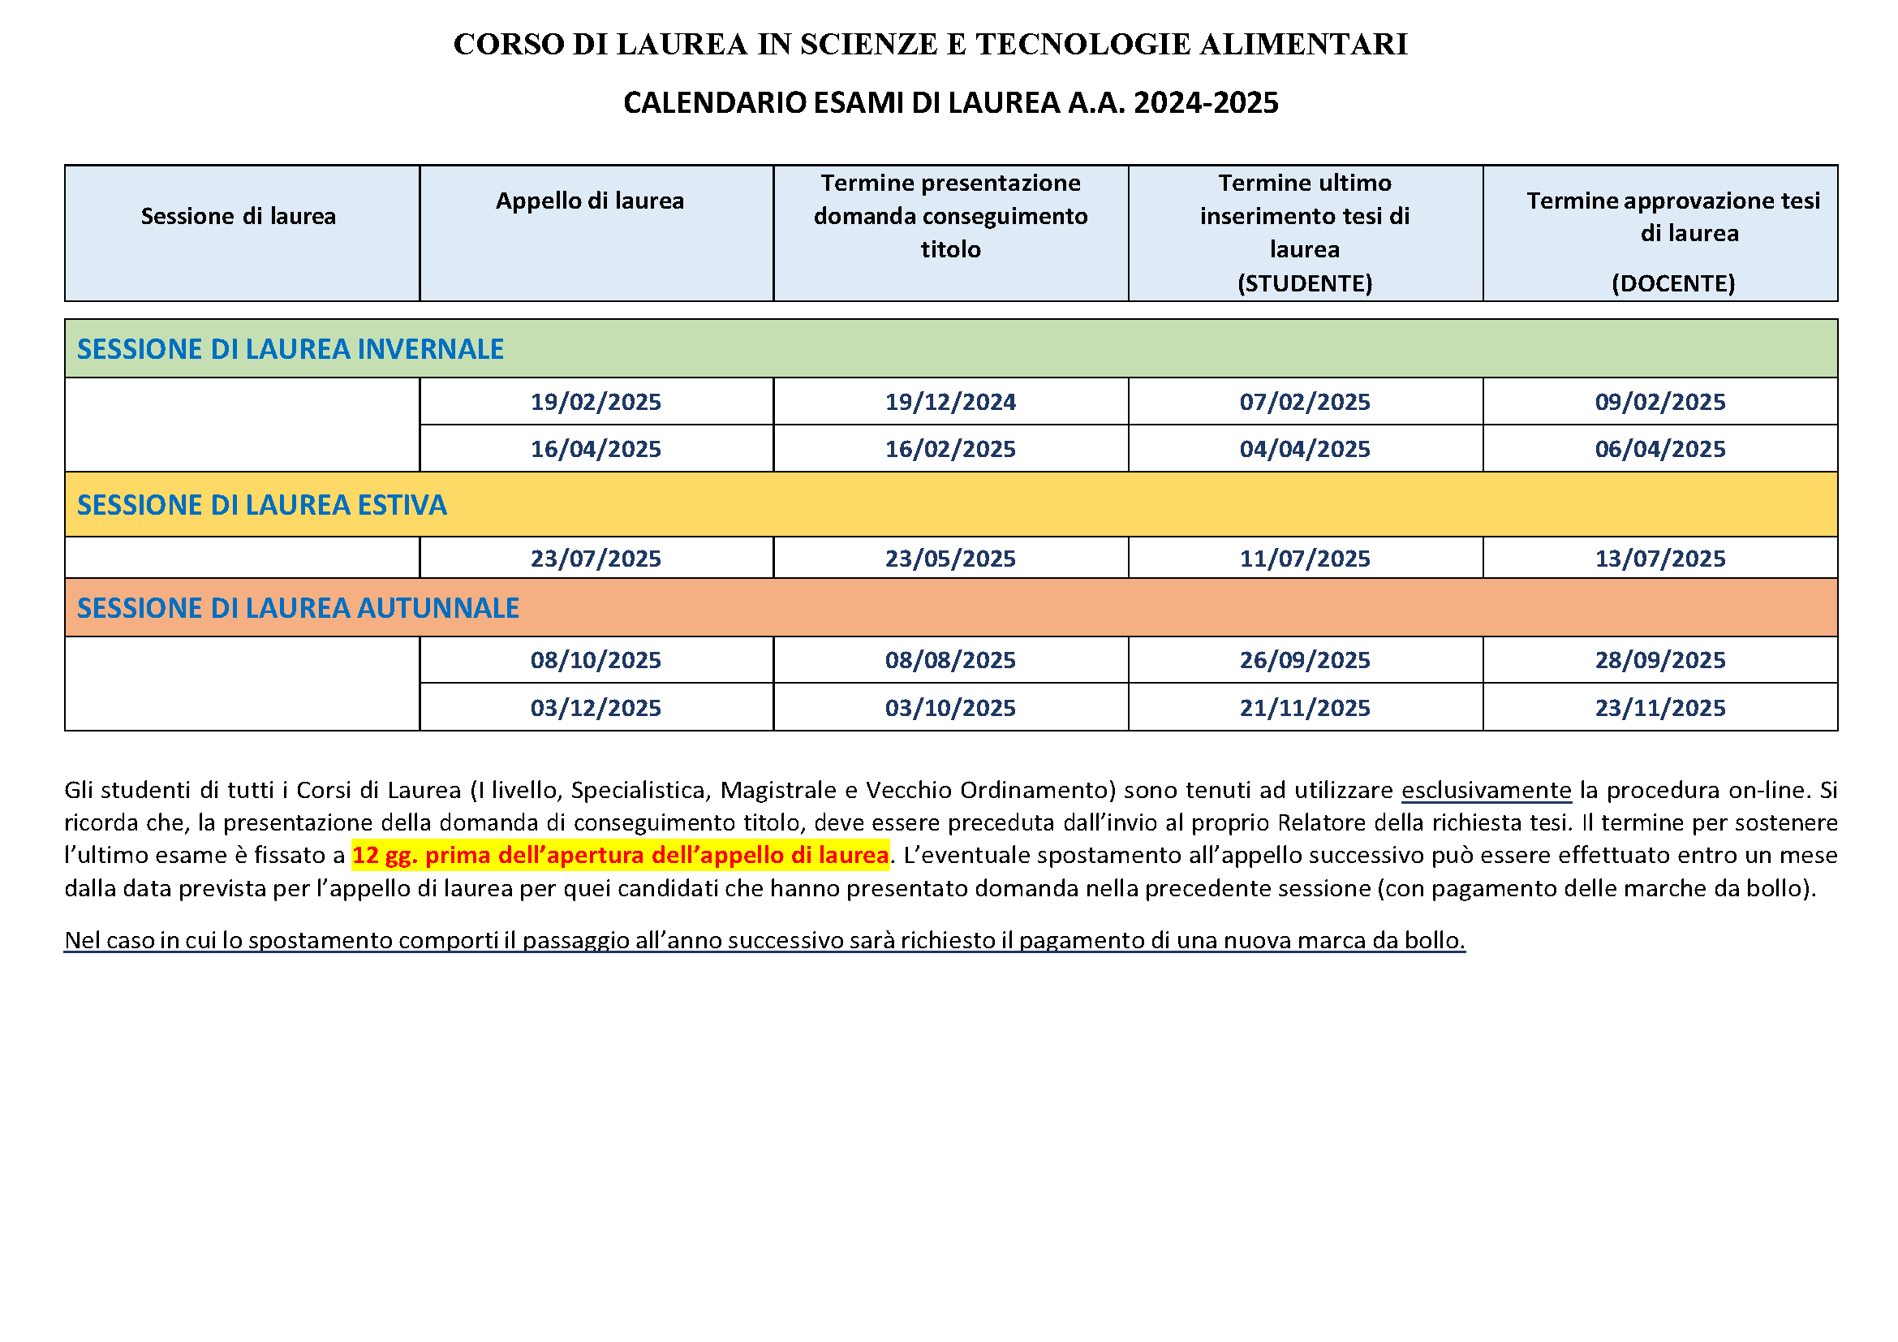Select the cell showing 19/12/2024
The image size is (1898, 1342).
(x=950, y=402)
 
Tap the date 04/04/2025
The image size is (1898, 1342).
(x=1305, y=449)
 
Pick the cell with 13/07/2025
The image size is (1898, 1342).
(x=1660, y=558)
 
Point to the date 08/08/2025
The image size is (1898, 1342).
(x=950, y=660)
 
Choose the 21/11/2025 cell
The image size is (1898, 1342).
(x=1305, y=708)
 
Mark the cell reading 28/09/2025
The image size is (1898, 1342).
(x=1660, y=660)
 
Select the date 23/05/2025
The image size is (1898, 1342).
(x=950, y=558)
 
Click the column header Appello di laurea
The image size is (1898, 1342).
(x=589, y=201)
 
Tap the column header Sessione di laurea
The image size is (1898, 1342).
(x=238, y=217)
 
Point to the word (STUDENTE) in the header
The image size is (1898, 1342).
(x=1305, y=283)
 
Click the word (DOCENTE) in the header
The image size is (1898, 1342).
(x=1673, y=283)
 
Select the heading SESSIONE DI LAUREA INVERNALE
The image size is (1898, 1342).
(x=291, y=349)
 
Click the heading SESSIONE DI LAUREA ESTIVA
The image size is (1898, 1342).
(x=261, y=505)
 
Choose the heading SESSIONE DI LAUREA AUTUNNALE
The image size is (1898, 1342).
(x=298, y=608)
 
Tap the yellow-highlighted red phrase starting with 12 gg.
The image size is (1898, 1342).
(x=620, y=855)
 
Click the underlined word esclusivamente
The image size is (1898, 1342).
(x=1486, y=790)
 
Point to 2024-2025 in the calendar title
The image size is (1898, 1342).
(x=1205, y=102)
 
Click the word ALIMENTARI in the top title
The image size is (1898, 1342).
(x=1303, y=45)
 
